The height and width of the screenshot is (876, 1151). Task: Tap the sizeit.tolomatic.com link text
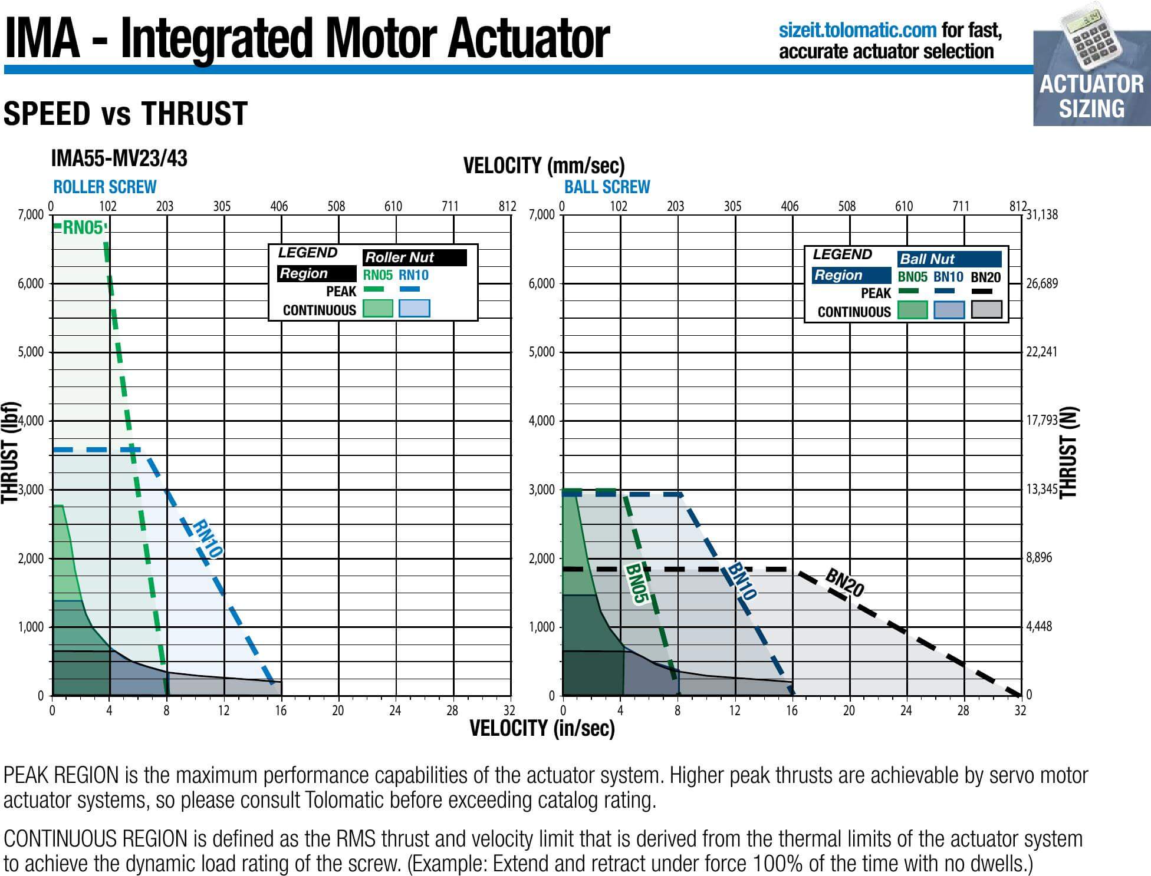pos(857,29)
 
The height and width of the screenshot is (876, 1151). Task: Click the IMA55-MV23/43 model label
pos(119,158)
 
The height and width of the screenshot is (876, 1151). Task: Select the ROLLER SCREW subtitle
pos(105,187)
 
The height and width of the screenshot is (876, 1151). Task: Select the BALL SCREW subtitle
pos(607,187)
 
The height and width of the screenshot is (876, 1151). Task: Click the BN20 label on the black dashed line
pos(844,583)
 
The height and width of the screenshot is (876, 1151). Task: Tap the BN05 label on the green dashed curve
pos(637,584)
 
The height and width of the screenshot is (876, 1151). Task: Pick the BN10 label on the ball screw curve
pos(741,581)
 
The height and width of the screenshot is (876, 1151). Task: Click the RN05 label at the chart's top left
pos(83,227)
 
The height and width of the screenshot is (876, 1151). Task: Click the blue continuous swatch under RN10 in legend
pos(414,308)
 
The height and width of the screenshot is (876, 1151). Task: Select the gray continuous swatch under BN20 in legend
pos(986,309)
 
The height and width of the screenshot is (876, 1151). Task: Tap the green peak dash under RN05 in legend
pos(373,289)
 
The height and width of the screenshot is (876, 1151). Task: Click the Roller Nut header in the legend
pos(414,257)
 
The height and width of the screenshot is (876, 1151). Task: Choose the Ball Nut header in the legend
pos(949,259)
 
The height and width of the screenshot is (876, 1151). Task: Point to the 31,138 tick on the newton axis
pos(1043,214)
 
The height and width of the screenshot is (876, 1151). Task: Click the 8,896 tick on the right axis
pos(1039,557)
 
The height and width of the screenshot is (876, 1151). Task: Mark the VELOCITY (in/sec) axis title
pos(542,729)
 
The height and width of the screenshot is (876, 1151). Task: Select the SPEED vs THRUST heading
pos(126,113)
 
